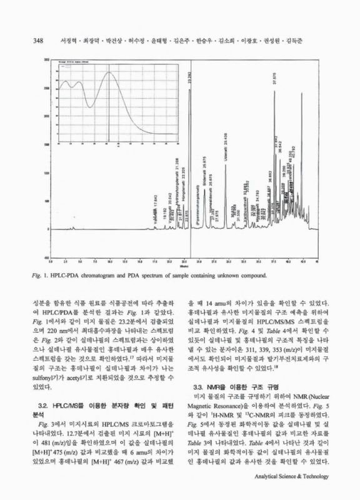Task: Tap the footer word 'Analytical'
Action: pos(270,476)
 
